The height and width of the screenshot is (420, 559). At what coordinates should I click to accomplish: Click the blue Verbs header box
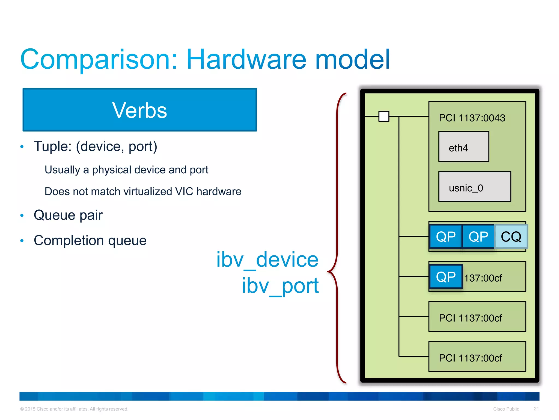pyautogui.click(x=139, y=110)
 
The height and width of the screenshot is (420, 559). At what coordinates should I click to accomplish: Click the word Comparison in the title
pyautogui.click(x=99, y=59)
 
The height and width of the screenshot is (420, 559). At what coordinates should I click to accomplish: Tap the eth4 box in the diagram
pyautogui.click(x=463, y=147)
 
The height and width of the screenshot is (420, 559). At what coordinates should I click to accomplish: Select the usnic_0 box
pyautogui.click(x=474, y=187)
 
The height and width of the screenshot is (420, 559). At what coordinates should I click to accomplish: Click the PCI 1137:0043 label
pyautogui.click(x=472, y=118)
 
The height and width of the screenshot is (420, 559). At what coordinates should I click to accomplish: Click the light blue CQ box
pyautogui.click(x=511, y=237)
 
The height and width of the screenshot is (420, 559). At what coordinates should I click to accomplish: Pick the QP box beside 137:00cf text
pyautogui.click(x=446, y=277)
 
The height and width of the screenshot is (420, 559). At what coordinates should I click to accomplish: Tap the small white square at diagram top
pyautogui.click(x=384, y=116)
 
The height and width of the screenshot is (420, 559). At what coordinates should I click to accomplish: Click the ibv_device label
pyautogui.click(x=267, y=259)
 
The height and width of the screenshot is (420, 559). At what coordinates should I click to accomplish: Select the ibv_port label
pyautogui.click(x=280, y=286)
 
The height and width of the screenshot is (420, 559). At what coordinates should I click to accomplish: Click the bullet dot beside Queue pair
pyautogui.click(x=22, y=215)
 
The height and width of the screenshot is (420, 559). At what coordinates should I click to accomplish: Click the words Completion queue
pyautogui.click(x=90, y=240)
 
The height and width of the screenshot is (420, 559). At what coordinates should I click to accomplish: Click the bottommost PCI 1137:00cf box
pyautogui.click(x=477, y=357)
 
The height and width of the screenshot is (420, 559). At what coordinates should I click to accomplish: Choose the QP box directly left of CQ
pyautogui.click(x=478, y=237)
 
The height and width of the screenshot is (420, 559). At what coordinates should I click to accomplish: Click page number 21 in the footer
pyautogui.click(x=536, y=409)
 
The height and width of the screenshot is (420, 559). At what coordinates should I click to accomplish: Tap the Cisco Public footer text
pyautogui.click(x=506, y=409)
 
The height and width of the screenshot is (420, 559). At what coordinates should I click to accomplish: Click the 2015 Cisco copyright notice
pyautogui.click(x=74, y=409)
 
